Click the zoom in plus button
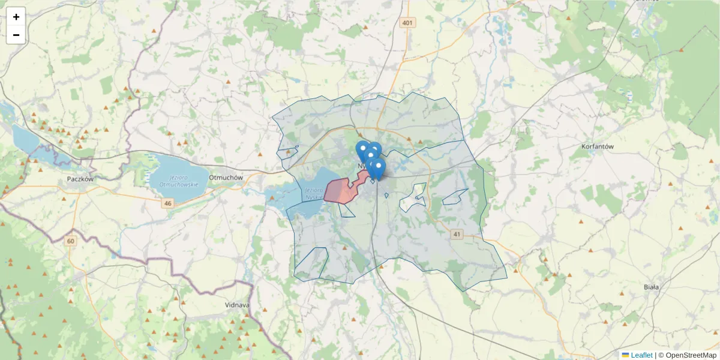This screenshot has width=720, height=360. pyautogui.click(x=16, y=17)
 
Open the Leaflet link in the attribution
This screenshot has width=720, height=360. pyautogui.click(x=641, y=355)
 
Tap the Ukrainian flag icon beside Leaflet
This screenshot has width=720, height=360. pyautogui.click(x=625, y=355)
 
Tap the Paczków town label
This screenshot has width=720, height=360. pyautogui.click(x=81, y=179)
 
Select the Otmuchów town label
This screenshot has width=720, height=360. pyautogui.click(x=225, y=178)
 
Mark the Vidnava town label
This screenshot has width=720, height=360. pyautogui.click(x=236, y=305)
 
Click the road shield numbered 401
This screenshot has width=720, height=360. pyautogui.click(x=408, y=23)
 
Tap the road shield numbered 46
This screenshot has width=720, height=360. pyautogui.click(x=167, y=204)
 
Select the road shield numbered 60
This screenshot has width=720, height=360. pyautogui.click(x=71, y=241)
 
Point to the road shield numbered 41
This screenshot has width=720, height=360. pyautogui.click(x=458, y=234)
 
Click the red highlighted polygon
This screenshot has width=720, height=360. pyautogui.click(x=340, y=190)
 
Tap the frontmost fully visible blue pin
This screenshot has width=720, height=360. pyautogui.click(x=377, y=167)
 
